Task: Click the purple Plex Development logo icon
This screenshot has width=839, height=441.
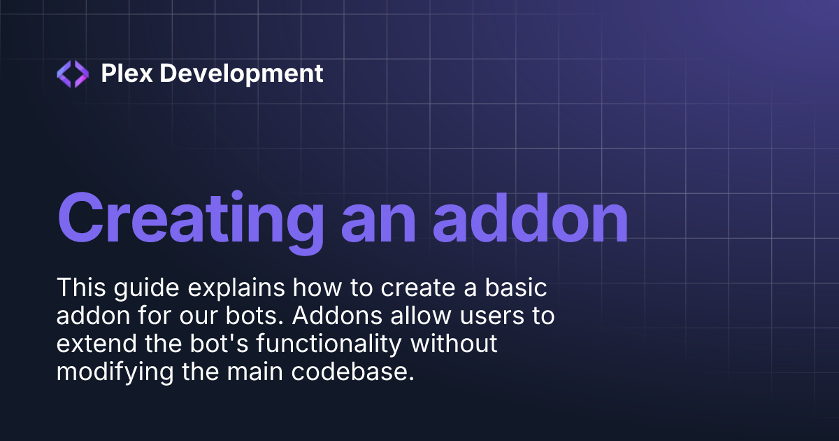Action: click(73, 73)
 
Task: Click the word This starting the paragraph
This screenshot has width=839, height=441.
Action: click(83, 287)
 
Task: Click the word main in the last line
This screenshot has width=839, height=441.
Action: click(264, 372)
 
